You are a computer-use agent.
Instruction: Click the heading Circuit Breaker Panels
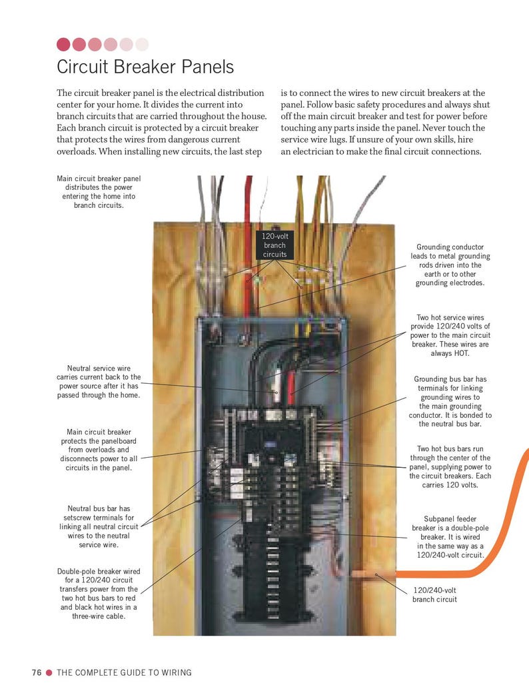point(145,67)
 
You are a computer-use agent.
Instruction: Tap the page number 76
point(37,672)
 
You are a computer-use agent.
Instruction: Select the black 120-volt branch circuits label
point(274,245)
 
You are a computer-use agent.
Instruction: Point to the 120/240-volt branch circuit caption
point(435,594)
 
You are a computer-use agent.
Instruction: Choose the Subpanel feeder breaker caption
point(450,536)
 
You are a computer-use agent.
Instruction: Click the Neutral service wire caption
point(99,382)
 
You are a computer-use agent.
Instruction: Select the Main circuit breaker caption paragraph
point(99,450)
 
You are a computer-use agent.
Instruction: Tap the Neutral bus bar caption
point(99,526)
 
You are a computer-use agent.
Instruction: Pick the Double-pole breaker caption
point(99,594)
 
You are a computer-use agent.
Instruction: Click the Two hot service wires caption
point(450,335)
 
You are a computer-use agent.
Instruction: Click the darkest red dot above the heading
point(63,45)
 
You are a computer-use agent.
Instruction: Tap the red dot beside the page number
point(49,672)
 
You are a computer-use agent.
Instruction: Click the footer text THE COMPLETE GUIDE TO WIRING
point(124,672)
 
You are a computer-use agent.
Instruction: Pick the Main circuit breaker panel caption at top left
point(99,192)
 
